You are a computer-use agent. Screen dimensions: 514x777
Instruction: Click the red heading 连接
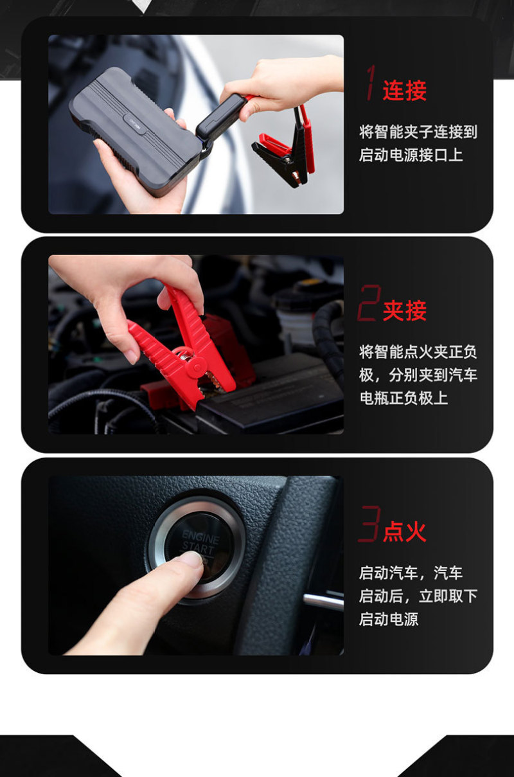(x=404, y=91)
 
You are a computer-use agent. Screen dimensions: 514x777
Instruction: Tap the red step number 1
(x=371, y=82)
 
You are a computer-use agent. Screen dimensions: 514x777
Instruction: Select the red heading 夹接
(x=404, y=311)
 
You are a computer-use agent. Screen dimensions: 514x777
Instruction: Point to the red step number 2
(x=369, y=303)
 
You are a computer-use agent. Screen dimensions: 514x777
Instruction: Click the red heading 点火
(x=404, y=531)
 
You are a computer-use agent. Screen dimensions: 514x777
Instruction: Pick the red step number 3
(x=369, y=523)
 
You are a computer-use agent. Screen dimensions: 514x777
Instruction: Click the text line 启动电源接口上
(x=411, y=155)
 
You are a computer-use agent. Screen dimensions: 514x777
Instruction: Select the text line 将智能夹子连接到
(x=418, y=132)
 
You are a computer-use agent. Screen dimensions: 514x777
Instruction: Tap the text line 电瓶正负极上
(x=403, y=398)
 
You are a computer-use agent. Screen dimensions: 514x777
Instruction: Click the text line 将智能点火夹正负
(x=418, y=352)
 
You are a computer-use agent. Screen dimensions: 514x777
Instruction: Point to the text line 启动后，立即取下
(x=418, y=596)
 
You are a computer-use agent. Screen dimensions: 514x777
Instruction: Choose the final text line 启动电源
(x=389, y=619)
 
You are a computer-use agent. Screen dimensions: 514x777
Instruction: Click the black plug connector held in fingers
(x=219, y=117)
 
